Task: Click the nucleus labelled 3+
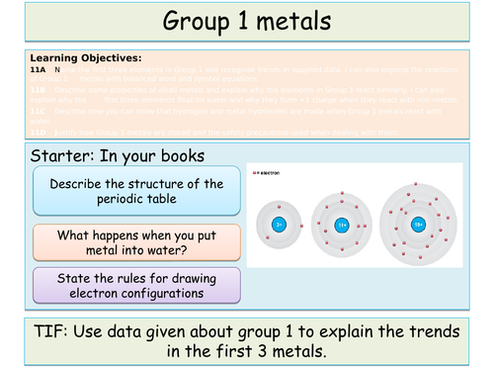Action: click(x=280, y=225)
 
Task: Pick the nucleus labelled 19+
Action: click(x=418, y=226)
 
